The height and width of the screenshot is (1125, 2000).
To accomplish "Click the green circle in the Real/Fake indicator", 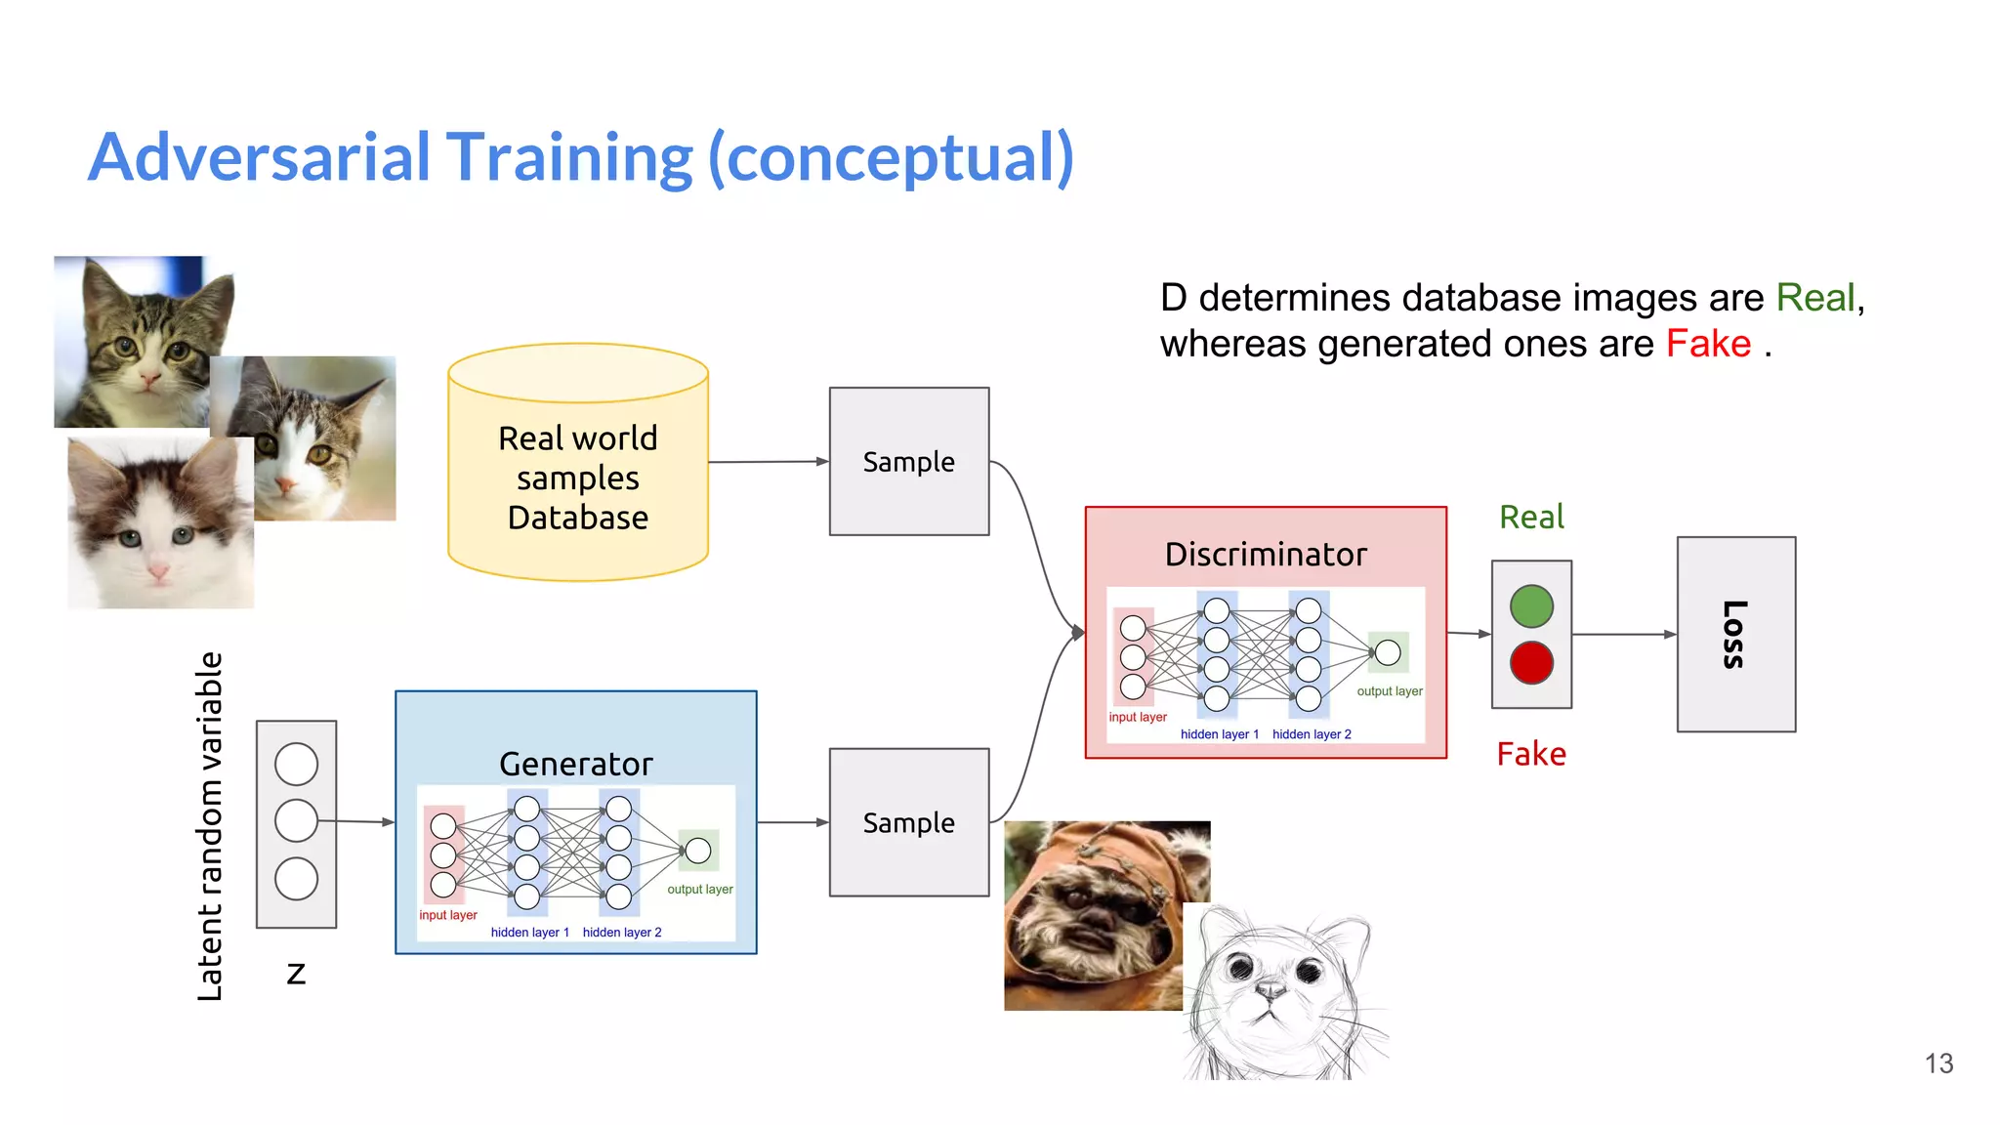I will [1531, 606].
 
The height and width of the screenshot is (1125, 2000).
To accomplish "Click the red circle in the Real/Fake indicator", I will [1531, 663].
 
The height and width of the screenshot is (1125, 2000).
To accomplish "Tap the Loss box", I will [1735, 634].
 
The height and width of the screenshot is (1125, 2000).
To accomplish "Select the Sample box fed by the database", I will [908, 461].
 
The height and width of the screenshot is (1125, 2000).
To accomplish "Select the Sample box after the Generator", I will [908, 822].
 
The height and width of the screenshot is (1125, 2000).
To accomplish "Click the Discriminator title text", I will [1266, 555].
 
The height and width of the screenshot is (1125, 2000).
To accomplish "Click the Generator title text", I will [575, 764].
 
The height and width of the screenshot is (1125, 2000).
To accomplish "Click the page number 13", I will [1938, 1063].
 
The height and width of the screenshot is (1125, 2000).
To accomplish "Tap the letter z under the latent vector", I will [296, 974].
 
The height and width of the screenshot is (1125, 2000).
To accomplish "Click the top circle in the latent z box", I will [296, 764].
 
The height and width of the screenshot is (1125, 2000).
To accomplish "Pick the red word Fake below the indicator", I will [1531, 754].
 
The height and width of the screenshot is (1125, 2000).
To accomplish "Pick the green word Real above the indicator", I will [1531, 517].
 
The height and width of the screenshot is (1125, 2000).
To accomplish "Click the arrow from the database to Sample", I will [768, 462].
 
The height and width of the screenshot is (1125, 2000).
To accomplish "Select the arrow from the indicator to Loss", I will [1623, 635].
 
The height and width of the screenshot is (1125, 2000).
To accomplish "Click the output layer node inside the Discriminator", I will [1388, 652].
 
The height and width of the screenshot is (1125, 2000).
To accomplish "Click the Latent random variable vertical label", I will [210, 826].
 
